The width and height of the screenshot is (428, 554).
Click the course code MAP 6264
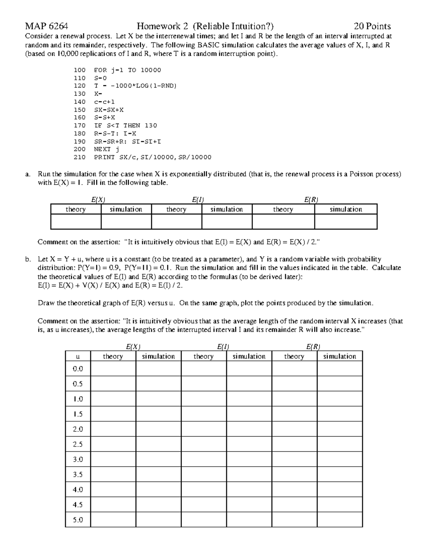point(46,26)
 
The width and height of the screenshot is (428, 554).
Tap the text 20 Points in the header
point(372,26)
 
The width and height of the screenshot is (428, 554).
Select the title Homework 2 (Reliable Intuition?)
point(205,26)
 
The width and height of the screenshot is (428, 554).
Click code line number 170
point(80,126)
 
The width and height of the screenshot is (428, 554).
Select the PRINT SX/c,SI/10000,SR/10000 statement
point(152,157)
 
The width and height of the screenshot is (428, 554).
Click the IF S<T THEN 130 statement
point(125,126)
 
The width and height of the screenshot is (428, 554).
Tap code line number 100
point(80,70)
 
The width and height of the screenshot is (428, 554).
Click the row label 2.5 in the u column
point(78,444)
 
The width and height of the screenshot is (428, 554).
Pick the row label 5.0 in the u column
point(78,520)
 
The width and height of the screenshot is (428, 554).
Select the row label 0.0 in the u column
point(78,369)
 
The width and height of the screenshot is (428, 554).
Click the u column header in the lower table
point(78,356)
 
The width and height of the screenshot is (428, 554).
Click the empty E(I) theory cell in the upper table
point(177,222)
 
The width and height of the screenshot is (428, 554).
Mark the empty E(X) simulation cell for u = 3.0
point(158,459)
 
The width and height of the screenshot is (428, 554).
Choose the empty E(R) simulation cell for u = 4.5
point(340,505)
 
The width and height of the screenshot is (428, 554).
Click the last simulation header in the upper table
point(346,209)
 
